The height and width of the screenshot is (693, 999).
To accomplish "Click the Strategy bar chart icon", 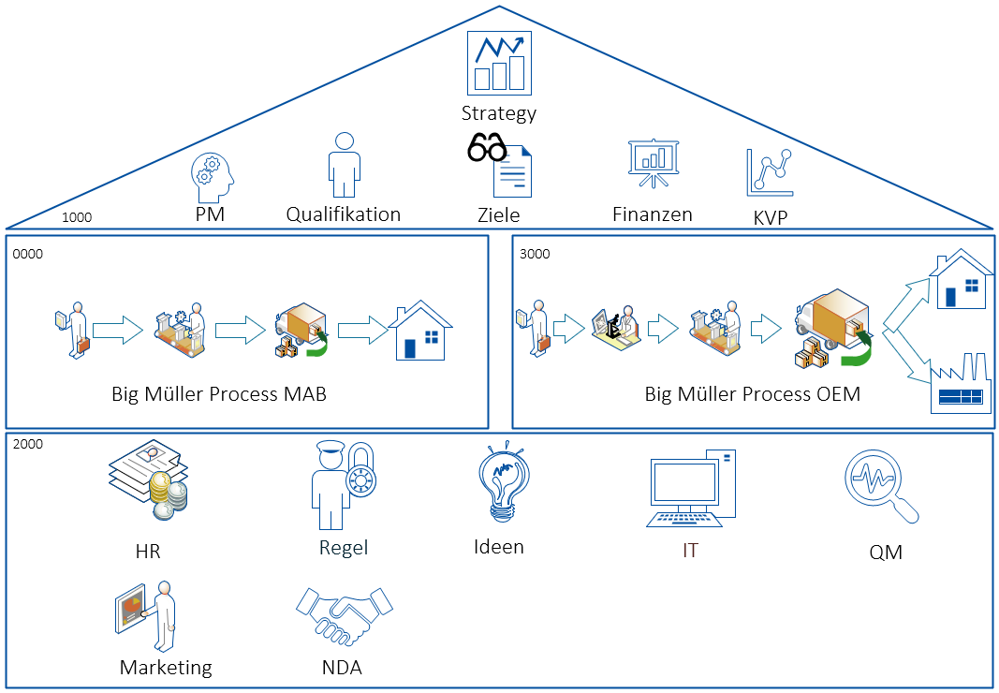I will click(x=499, y=63).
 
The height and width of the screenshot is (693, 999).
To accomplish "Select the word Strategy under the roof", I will click(x=499, y=114).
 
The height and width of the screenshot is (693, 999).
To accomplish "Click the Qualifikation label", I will click(x=344, y=214).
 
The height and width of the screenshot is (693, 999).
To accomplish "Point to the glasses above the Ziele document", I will click(x=487, y=148).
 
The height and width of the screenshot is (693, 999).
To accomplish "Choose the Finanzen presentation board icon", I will click(x=653, y=164).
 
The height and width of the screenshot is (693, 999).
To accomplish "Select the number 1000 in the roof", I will click(x=77, y=217).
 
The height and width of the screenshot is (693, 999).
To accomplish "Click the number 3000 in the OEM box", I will click(x=535, y=254).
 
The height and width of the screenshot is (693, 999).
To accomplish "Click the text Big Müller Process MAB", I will click(x=219, y=394).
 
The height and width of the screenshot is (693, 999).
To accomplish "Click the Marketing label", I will click(x=166, y=668).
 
